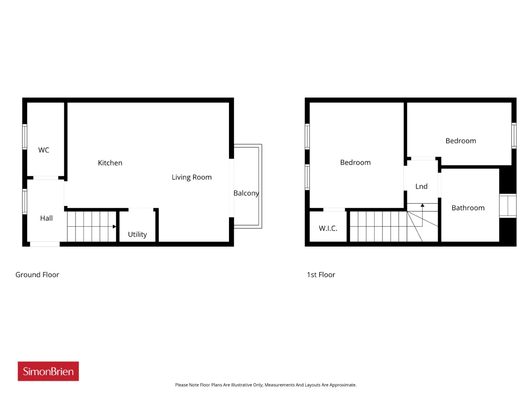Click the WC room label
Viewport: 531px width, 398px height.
point(44,150)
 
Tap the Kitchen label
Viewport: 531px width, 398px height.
point(110,163)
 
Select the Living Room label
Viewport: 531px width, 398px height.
point(192,177)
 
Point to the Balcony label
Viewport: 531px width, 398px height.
point(246,193)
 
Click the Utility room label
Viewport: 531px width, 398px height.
point(137,234)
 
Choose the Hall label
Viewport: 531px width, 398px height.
point(46,218)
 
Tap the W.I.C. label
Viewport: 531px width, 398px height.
point(328,228)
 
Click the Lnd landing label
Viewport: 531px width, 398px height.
point(421,186)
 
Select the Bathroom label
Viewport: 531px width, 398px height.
point(468,208)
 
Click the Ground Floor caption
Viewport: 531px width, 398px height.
point(37,274)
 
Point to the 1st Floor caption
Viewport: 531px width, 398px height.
point(321,274)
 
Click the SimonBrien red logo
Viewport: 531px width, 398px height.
point(48,371)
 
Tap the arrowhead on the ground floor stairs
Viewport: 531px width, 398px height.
point(114,226)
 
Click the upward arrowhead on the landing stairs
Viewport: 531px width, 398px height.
point(422,205)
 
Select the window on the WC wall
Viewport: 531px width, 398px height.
point(24,136)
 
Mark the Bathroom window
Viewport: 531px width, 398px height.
point(507,206)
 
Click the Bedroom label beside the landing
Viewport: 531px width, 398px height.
point(355,162)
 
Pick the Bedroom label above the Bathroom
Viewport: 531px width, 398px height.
point(460,141)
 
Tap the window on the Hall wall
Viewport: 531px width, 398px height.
point(24,201)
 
